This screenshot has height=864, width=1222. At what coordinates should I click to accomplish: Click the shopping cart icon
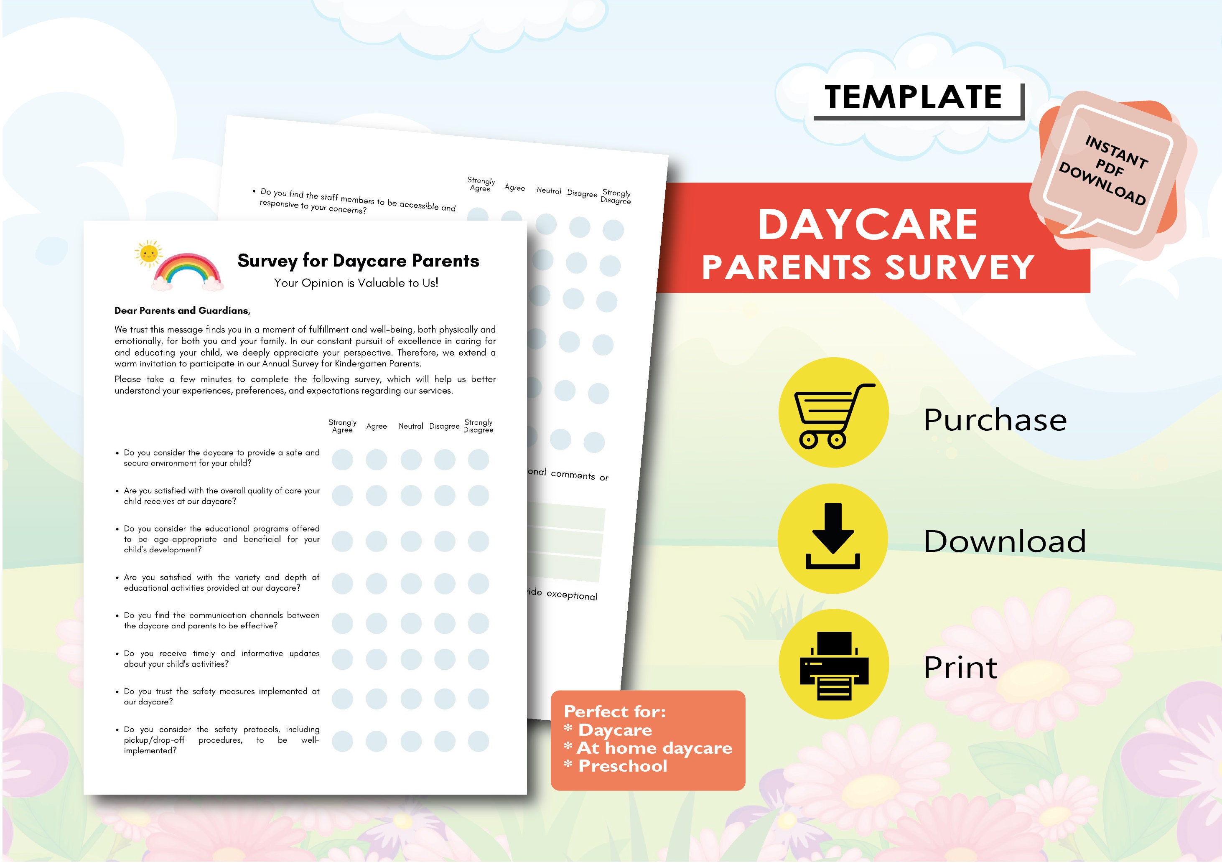tap(833, 413)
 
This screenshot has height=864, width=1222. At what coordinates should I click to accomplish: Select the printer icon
tap(833, 665)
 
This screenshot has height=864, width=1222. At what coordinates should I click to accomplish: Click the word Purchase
tap(995, 420)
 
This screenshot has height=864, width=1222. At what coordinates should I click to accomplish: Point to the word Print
tap(960, 667)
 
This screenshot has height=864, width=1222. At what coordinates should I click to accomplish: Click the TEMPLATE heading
tap(913, 97)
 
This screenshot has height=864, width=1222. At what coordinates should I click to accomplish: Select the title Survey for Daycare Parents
tap(358, 261)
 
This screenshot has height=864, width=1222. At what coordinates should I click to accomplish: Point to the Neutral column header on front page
tap(411, 426)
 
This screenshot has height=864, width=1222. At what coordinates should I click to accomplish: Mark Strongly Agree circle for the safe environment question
tap(342, 460)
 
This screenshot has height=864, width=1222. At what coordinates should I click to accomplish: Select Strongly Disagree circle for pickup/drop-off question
tap(479, 741)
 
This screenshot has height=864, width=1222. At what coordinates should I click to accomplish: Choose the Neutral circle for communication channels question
tap(411, 623)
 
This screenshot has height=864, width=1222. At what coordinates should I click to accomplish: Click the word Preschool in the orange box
tap(622, 766)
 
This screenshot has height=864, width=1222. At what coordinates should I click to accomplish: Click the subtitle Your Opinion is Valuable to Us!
tap(356, 283)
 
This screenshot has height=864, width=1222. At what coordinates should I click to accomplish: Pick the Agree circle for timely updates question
tap(376, 659)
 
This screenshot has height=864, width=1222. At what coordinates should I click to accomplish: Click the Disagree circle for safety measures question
tap(444, 699)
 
